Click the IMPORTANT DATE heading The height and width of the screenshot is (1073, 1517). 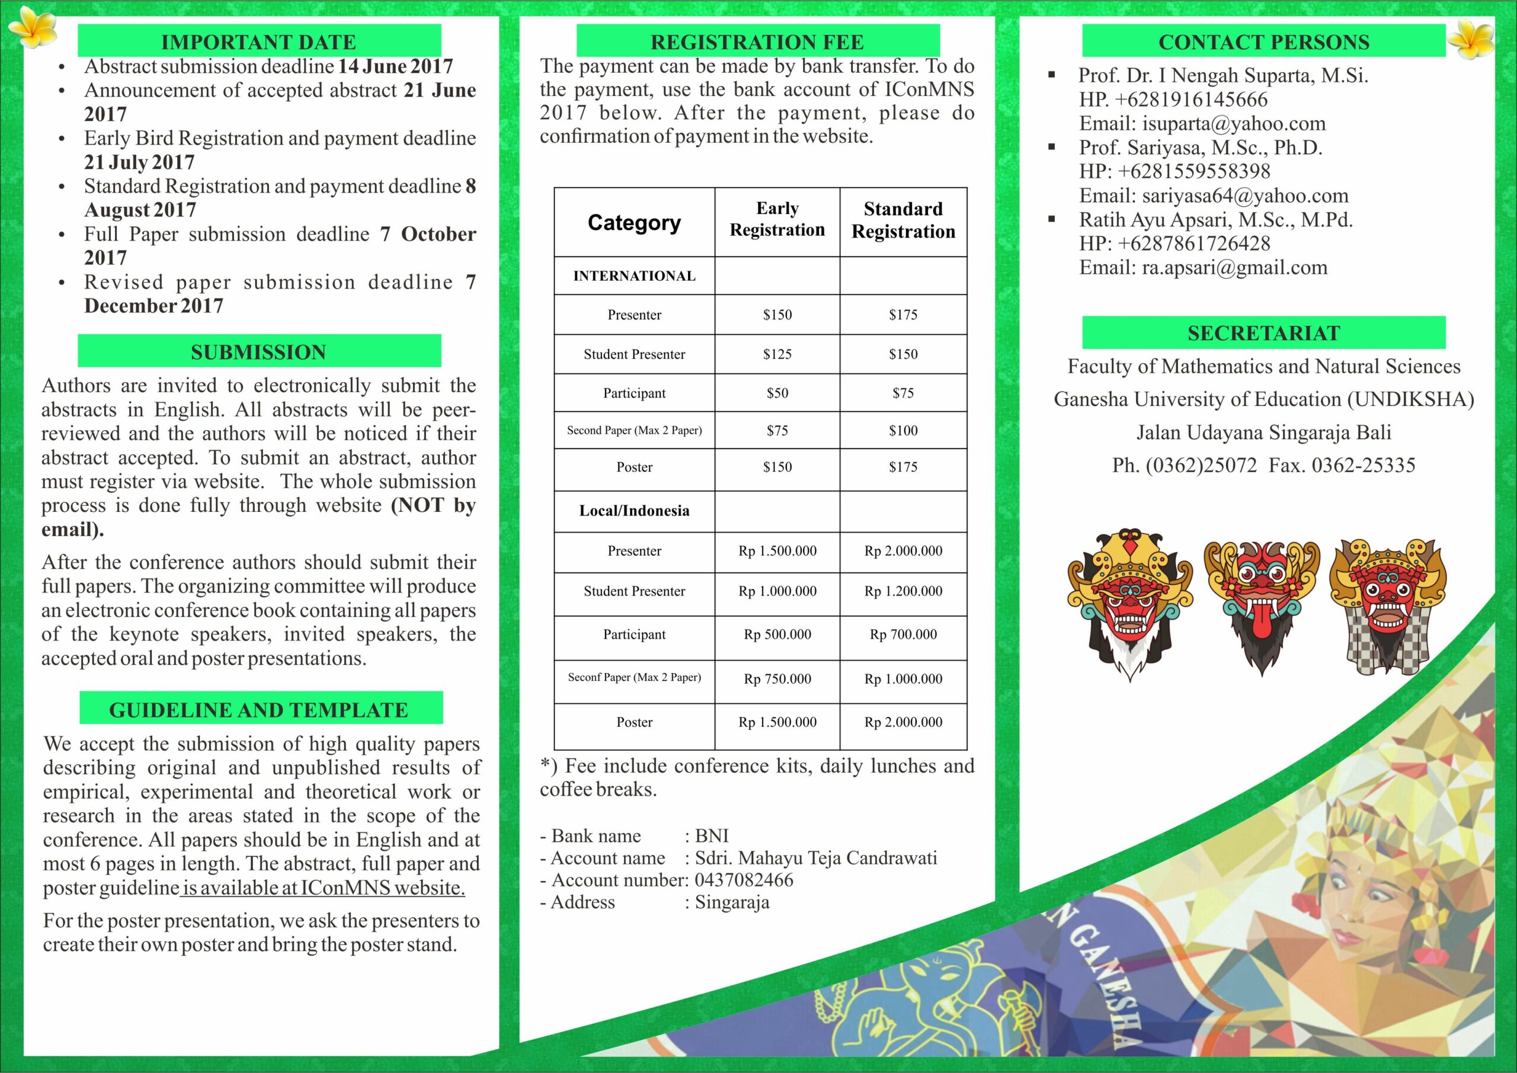[x=258, y=41]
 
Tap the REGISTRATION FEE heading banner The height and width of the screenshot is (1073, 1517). [x=757, y=41]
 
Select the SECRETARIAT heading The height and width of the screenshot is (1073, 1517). [x=1263, y=333]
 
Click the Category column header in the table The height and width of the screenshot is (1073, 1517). [x=633, y=223]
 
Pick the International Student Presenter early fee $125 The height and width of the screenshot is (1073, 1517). [x=777, y=354]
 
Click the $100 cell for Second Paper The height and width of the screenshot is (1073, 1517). [x=902, y=431]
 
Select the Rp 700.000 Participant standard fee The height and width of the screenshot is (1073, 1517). [x=902, y=635]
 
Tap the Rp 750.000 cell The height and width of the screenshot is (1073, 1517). [x=777, y=679]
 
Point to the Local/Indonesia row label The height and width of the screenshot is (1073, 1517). [x=633, y=511]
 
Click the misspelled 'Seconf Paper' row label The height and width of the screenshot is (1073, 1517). [x=633, y=677]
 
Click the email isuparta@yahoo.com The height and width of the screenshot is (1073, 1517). [x=1234, y=124]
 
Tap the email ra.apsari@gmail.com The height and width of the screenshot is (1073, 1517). [x=1234, y=268]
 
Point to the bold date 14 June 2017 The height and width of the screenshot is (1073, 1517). [x=395, y=66]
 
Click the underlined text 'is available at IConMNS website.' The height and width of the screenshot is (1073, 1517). [x=323, y=888]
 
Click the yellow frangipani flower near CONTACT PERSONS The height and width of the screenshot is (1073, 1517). [x=1470, y=38]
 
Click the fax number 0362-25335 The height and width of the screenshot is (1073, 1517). [x=1363, y=465]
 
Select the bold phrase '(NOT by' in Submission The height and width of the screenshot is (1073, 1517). [x=433, y=505]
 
